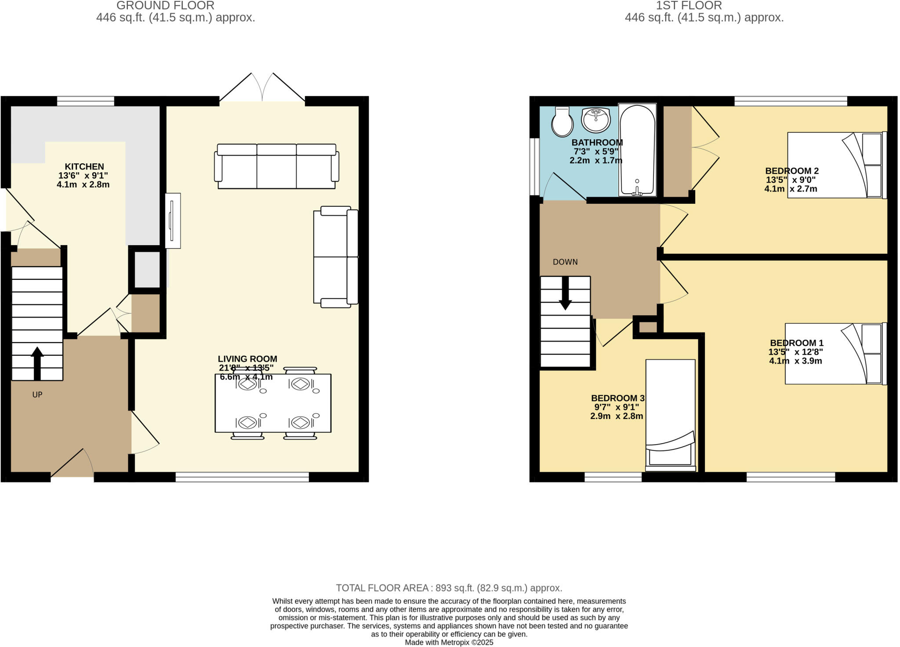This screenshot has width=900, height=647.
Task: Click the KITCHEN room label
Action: click(84, 167)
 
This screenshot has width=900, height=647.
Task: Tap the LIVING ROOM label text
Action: click(247, 359)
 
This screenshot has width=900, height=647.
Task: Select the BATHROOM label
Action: click(597, 143)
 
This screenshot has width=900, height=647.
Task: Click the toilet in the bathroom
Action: click(562, 122)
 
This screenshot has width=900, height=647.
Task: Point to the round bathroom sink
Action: click(595, 119)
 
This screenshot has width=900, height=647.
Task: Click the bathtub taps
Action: click(637, 190)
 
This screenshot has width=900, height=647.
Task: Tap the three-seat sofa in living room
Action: click(276, 166)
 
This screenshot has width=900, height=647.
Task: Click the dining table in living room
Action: click(273, 403)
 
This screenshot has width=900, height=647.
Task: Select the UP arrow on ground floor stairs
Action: click(37, 363)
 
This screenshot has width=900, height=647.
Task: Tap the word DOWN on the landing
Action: click(565, 262)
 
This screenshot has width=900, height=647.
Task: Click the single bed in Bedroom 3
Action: click(670, 413)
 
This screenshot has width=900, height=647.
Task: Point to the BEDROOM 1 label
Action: click(796, 343)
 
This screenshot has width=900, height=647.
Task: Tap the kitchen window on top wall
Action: click(85, 101)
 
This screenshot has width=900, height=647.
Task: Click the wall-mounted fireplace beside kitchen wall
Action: click(173, 220)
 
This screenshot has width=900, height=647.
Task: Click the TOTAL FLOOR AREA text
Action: click(449, 588)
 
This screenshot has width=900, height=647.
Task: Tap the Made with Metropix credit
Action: click(449, 642)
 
